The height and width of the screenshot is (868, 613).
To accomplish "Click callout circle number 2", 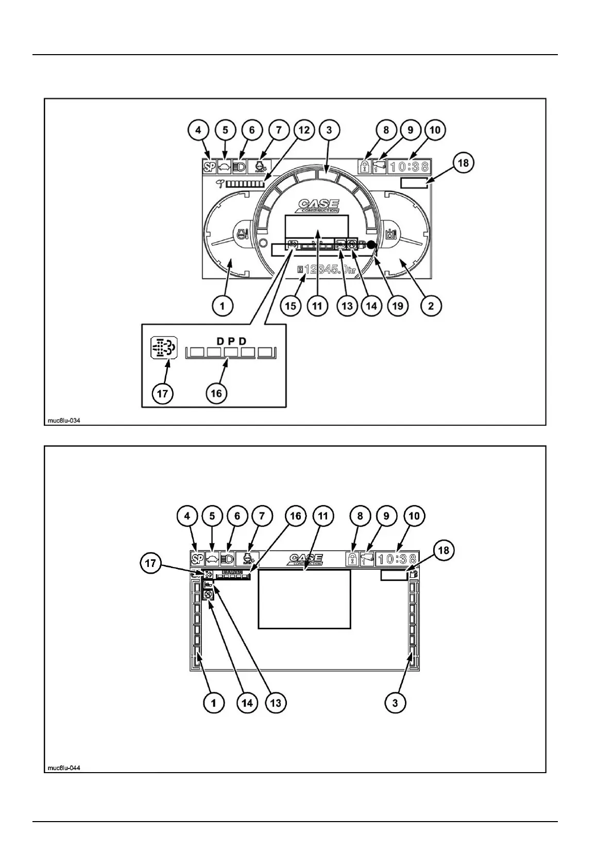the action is (431, 306).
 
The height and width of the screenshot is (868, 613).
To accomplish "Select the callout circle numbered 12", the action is (304, 129).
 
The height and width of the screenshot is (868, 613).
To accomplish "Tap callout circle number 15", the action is (291, 306).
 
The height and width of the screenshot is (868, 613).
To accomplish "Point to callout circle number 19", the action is (397, 306).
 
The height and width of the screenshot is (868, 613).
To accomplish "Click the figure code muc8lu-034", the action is (64, 421).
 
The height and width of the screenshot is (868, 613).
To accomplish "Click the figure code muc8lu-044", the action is (64, 768).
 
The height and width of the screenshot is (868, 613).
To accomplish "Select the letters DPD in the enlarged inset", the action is (231, 341).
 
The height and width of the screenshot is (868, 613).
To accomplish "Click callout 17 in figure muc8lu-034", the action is (163, 394).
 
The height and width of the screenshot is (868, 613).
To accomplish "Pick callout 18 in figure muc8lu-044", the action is (444, 550).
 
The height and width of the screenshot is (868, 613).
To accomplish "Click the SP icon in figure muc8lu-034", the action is (209, 166).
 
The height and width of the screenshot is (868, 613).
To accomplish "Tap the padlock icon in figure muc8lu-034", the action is (365, 166).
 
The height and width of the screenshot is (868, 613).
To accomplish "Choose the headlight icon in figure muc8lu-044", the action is (227, 559).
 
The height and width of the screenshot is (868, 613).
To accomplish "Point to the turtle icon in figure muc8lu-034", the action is (225, 166).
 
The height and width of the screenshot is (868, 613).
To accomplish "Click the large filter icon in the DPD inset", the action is (163, 348).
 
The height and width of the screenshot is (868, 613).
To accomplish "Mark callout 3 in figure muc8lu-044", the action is (395, 703).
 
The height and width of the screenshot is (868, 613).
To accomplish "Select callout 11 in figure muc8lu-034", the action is (317, 306).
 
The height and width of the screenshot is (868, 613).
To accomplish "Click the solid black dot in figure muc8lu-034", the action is (371, 246).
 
